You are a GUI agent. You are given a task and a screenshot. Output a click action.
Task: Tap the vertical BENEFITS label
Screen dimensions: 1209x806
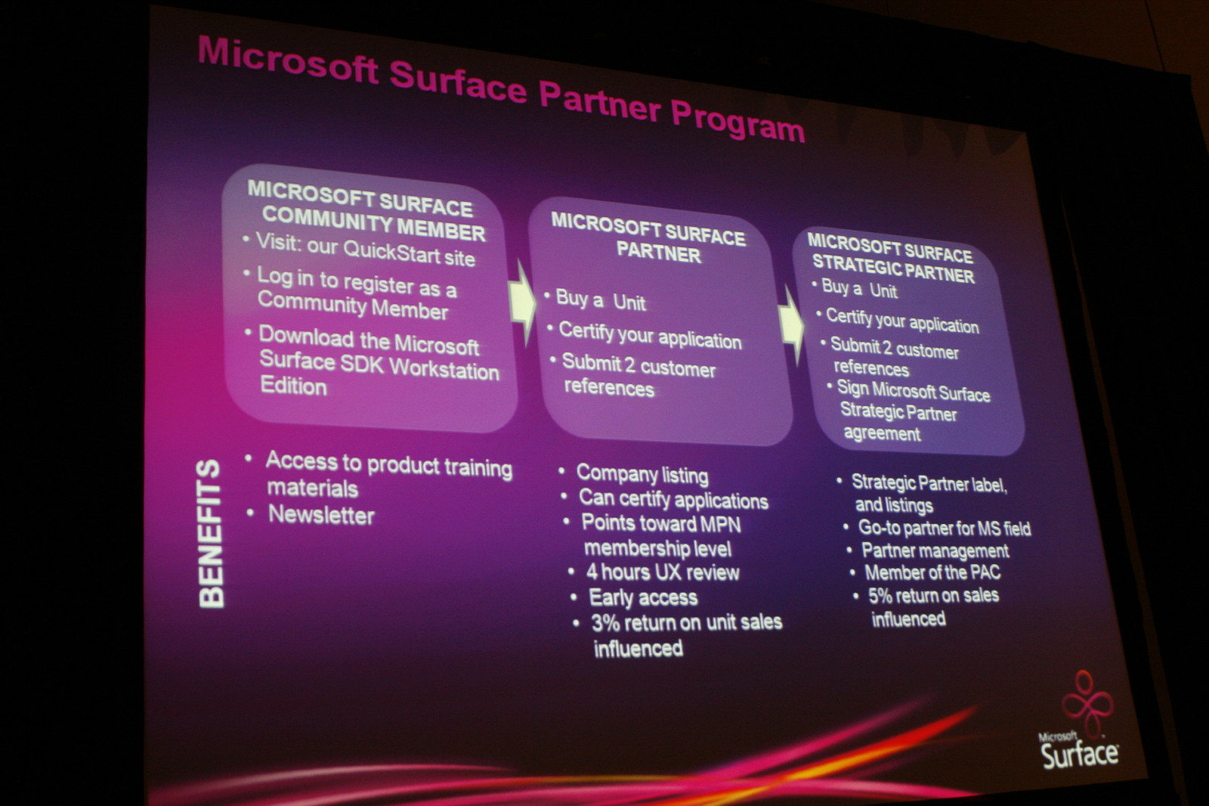(211, 535)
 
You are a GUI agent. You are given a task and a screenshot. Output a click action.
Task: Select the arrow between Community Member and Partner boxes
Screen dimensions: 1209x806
(522, 303)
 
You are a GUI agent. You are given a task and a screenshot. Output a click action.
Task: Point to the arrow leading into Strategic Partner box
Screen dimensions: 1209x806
(790, 326)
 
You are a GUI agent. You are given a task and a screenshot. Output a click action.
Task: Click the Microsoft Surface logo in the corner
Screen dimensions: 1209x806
(1078, 721)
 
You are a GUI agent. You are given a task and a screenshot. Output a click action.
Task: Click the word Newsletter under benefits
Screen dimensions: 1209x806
(321, 516)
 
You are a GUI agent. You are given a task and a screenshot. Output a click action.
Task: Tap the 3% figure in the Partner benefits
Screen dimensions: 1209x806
(605, 623)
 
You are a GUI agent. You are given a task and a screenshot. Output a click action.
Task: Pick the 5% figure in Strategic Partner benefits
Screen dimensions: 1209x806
(882, 596)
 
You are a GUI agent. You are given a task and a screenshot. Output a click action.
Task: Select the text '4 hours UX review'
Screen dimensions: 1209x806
(663, 572)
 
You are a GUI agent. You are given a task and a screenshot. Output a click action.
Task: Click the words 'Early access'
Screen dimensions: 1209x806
(643, 597)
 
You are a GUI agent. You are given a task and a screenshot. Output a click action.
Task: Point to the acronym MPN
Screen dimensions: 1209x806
(720, 524)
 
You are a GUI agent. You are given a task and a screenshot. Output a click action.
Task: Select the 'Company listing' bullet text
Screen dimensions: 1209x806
(642, 474)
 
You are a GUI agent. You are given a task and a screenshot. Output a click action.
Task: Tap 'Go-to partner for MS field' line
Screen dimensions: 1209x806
(945, 528)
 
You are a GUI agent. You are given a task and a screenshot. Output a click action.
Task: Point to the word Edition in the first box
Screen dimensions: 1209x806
(293, 386)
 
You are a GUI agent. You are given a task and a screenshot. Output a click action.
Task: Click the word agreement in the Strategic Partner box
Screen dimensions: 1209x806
(882, 433)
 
